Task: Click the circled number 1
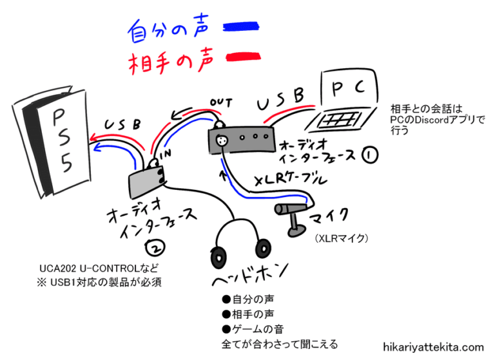coord(369,156)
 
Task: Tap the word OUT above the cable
coord(221,102)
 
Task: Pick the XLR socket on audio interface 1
coord(223,138)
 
